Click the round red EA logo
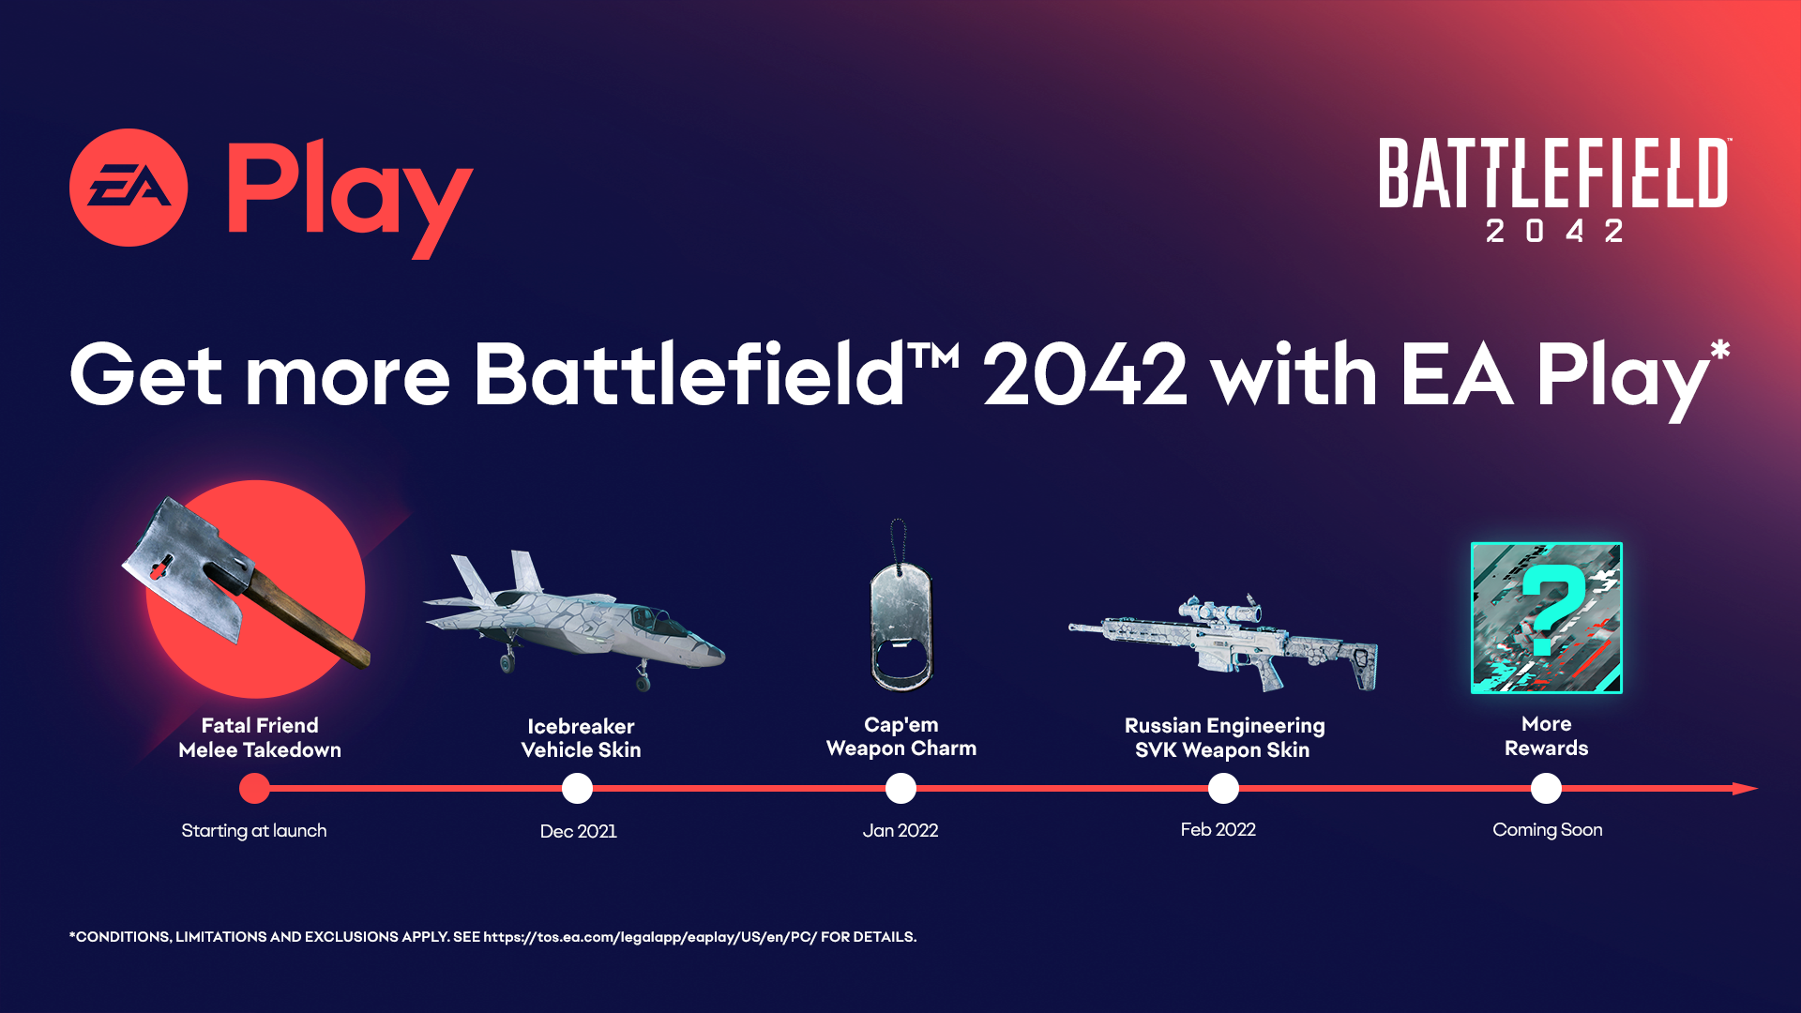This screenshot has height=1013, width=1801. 129,188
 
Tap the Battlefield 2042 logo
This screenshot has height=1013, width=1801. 1553,188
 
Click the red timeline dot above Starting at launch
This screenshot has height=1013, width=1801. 254,789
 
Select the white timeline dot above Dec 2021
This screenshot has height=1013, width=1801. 577,789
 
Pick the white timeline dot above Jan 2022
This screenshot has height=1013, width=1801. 900,789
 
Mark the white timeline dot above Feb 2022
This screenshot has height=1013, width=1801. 1223,789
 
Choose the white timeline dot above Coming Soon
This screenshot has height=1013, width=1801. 1546,789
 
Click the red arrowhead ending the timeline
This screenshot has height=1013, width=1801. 1745,789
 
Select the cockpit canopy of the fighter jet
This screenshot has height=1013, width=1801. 657,620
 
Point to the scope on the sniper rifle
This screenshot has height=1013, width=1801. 1219,612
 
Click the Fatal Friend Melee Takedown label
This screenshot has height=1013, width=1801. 260,737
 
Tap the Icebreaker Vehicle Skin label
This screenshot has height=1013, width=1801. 581,738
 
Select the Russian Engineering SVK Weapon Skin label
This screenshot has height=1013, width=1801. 1223,737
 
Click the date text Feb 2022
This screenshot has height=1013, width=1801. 1218,830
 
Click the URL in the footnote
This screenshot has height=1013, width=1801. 650,937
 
